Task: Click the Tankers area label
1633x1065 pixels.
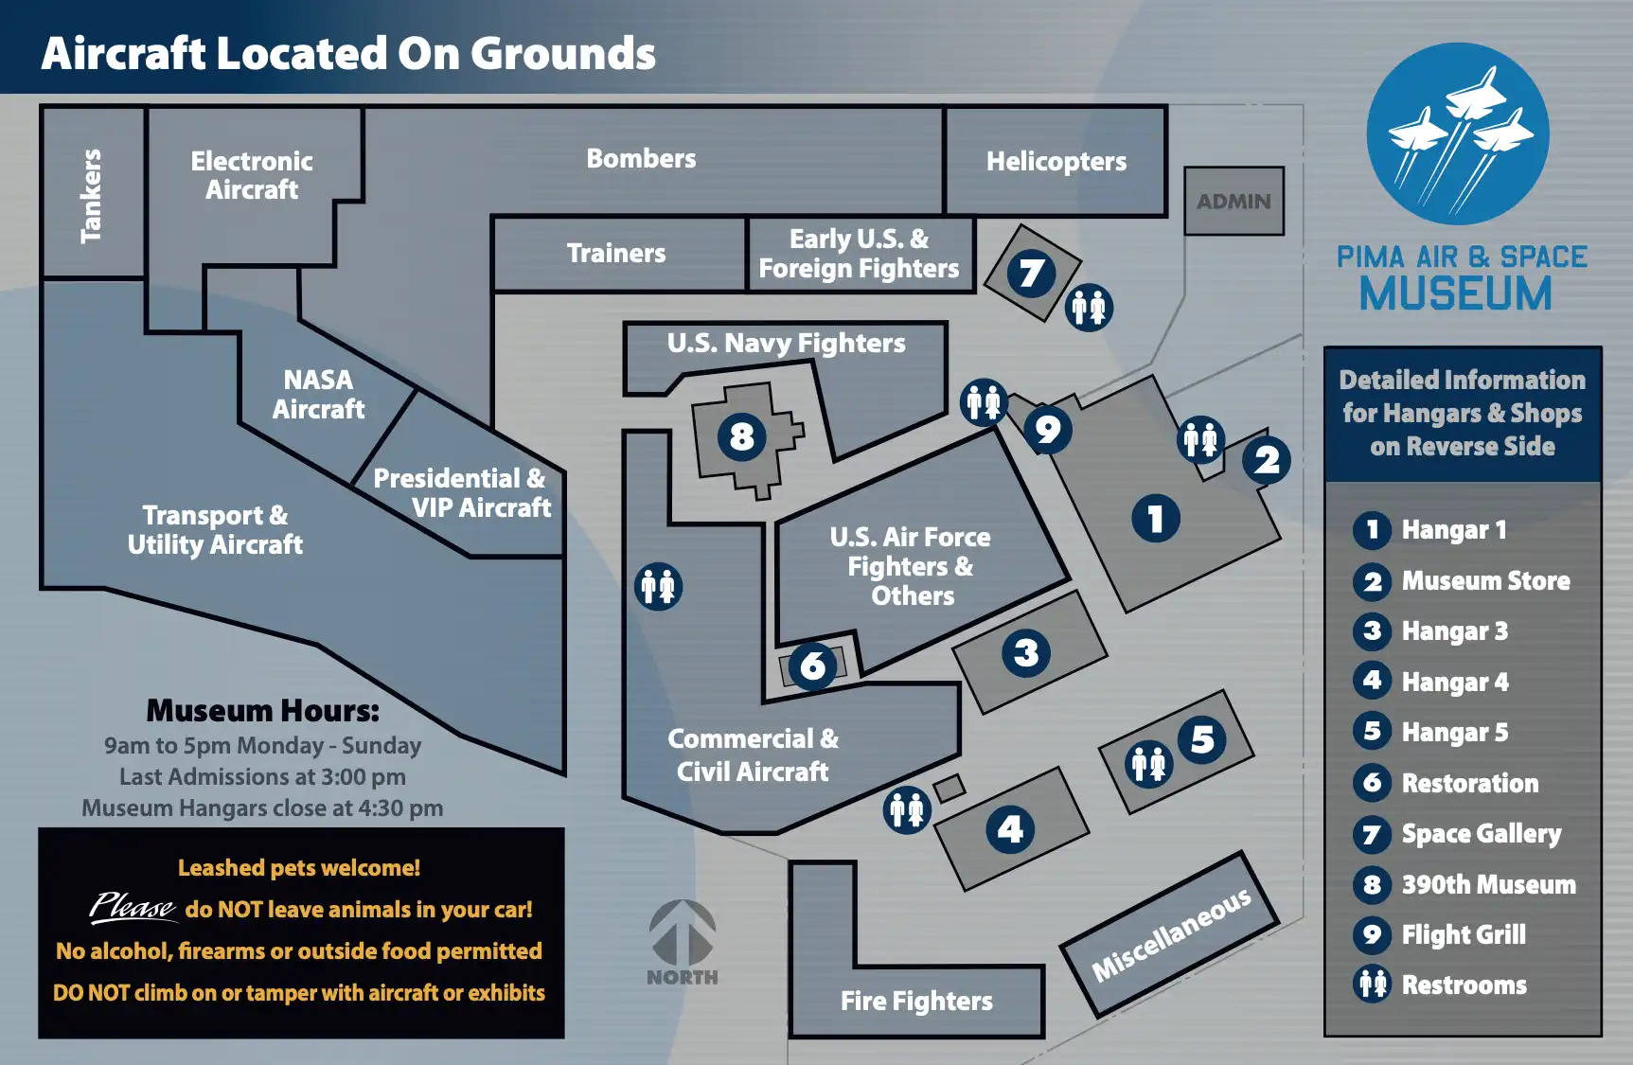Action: pos(91,195)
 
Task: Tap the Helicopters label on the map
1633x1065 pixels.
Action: pos(1056,162)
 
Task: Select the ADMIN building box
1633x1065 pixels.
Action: pos(1234,201)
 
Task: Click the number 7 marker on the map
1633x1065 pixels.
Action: pos(1031,274)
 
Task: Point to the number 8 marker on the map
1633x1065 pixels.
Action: pos(741,437)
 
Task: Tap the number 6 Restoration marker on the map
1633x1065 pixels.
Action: pos(812,666)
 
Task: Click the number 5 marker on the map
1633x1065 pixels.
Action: pos(1202,739)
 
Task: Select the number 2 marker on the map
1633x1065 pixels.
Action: pos(1267,460)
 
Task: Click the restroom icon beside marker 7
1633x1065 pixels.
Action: pos(1089,308)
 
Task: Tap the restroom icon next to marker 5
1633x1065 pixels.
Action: pos(1149,763)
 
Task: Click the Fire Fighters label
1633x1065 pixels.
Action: pos(916,1001)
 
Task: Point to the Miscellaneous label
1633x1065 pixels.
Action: pos(1171,934)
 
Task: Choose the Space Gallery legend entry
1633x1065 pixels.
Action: pos(1481,834)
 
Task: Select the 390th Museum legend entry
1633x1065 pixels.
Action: pos(1488,884)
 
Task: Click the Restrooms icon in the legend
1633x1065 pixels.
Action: pos(1373,985)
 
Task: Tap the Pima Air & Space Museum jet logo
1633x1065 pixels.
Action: pos(1458,133)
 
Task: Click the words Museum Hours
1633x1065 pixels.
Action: pos(262,710)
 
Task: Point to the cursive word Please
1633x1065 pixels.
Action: pos(132,907)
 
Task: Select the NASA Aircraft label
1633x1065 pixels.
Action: pos(318,394)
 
